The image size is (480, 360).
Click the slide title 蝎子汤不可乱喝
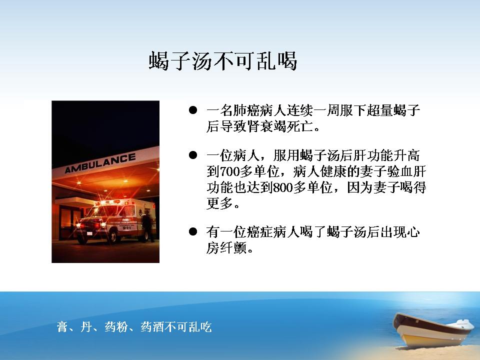[223, 60]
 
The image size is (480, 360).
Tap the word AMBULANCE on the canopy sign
[100, 163]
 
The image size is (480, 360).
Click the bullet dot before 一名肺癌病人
[193, 110]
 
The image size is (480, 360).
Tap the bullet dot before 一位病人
[193, 155]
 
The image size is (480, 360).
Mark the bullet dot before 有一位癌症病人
[193, 231]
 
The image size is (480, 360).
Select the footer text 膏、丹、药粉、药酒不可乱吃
[134, 326]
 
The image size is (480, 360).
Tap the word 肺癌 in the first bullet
[246, 110]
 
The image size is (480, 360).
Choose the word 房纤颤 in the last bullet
[226, 247]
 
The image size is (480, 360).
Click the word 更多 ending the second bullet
[220, 203]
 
